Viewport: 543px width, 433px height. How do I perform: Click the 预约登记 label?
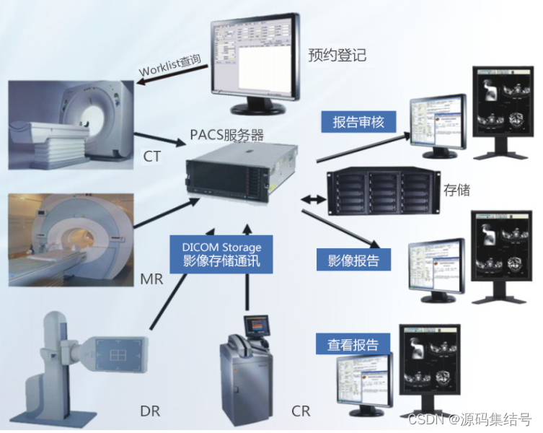[x=337, y=55]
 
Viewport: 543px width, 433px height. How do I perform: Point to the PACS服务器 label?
[x=226, y=135]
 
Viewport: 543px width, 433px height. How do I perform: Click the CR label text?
[x=301, y=411]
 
